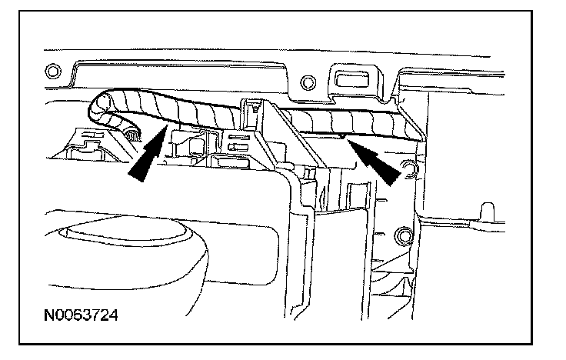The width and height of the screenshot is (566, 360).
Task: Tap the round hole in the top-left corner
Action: pos(52,72)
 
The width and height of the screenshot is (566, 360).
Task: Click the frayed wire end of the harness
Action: pos(133,138)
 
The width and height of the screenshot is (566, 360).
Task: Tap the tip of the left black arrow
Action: pos(164,132)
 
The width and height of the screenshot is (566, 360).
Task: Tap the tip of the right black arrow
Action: pos(348,140)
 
